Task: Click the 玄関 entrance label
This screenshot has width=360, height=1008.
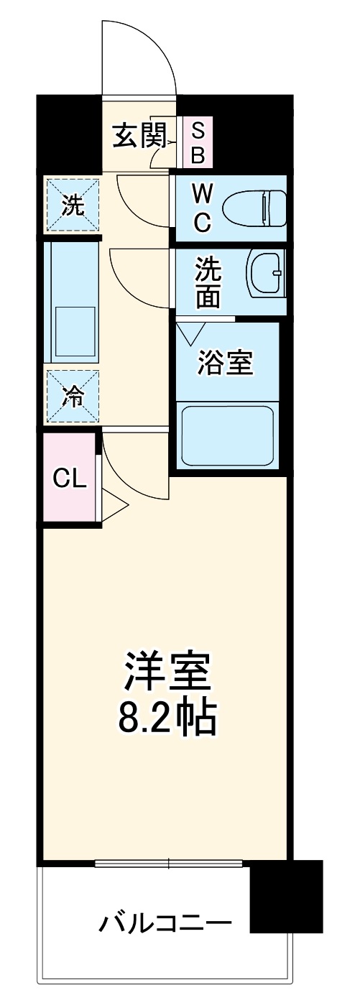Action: coord(139,136)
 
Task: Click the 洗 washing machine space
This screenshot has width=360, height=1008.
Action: coord(73,205)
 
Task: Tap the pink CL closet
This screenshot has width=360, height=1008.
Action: coord(69,478)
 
